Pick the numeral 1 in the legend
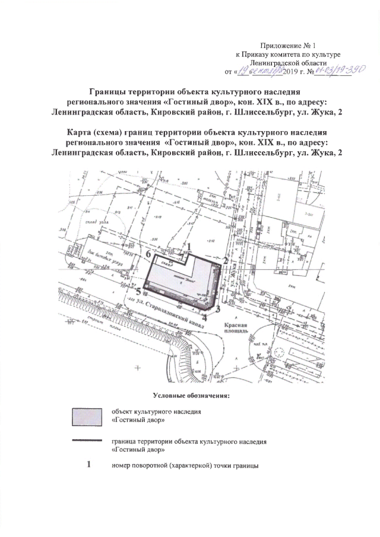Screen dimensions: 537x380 coord(87,464)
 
